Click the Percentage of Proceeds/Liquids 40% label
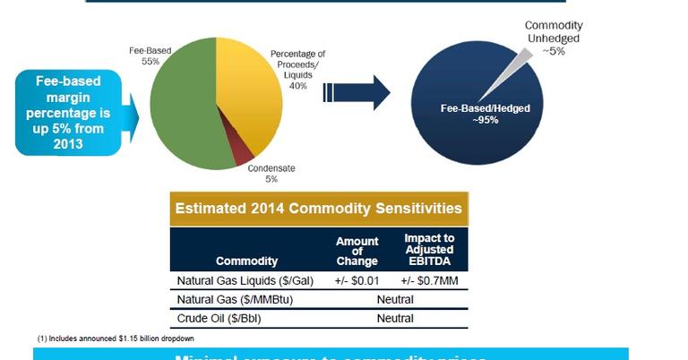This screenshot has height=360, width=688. pyautogui.click(x=298, y=70)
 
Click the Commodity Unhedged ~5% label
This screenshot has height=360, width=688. pyautogui.click(x=553, y=38)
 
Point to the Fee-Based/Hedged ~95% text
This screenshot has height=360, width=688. pyautogui.click(x=486, y=114)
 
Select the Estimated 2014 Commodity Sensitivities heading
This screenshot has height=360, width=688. pyautogui.click(x=319, y=209)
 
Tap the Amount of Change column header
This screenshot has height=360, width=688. pyautogui.click(x=357, y=252)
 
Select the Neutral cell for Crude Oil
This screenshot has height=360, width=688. pyautogui.click(x=394, y=318)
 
